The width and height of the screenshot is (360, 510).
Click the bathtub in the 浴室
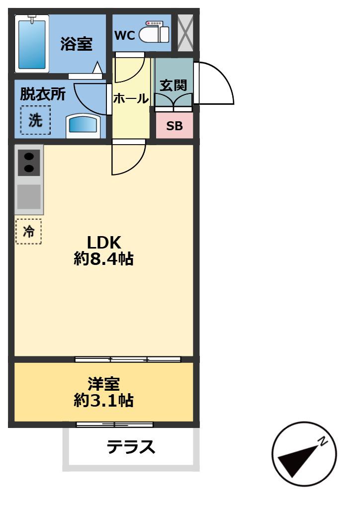pyautogui.click(x=32, y=44)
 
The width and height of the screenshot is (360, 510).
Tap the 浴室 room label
pyautogui.click(x=77, y=44)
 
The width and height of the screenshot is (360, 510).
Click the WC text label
pyautogui.click(x=125, y=35)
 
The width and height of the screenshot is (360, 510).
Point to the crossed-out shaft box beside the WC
pyautogui.click(x=185, y=33)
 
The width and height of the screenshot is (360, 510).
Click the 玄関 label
pyautogui.click(x=173, y=85)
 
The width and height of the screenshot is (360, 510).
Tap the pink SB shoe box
pyautogui.click(x=175, y=126)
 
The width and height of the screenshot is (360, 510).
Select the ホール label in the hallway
pyautogui.click(x=131, y=98)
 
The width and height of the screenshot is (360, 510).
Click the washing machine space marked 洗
pyautogui.click(x=35, y=120)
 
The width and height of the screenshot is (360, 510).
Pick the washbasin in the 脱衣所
pyautogui.click(x=83, y=126)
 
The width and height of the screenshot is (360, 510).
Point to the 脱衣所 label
pyautogui.click(x=43, y=94)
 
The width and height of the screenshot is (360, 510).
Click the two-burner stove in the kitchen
pyautogui.click(x=29, y=163)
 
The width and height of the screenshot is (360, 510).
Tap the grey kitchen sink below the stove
pyautogui.click(x=29, y=197)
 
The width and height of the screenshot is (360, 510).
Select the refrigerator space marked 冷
pyautogui.click(x=29, y=232)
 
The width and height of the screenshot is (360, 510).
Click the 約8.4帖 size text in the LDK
pyautogui.click(x=103, y=259)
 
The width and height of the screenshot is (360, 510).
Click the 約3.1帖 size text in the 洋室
pyautogui.click(x=103, y=400)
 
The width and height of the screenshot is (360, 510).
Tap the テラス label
pyautogui.click(x=131, y=447)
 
